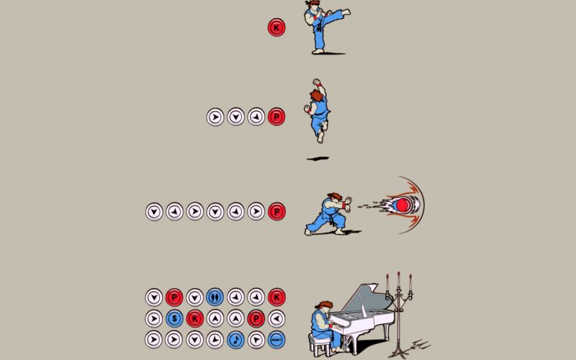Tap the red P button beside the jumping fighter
point(275,116)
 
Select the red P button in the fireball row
point(275,212)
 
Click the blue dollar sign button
point(174,318)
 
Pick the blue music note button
point(235,338)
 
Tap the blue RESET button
point(275,338)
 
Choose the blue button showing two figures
point(214,297)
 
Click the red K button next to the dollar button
point(194,318)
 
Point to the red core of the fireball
point(402,204)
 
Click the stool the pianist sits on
point(320,345)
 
